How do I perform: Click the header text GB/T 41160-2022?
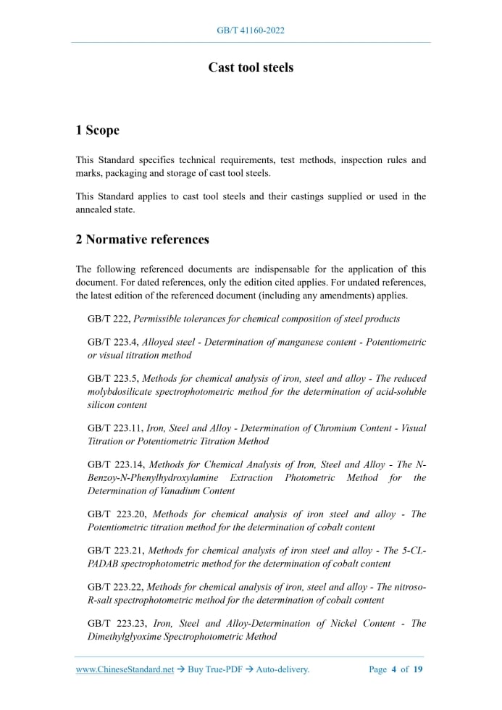tap(251, 30)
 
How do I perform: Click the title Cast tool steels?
tap(251, 67)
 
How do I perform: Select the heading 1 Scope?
tap(97, 130)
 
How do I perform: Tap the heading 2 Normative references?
tap(142, 239)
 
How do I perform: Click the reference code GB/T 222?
tap(108, 319)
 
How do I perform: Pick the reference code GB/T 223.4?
tap(112, 342)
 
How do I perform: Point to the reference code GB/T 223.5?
tap(112, 378)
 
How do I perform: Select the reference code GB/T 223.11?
tap(114, 428)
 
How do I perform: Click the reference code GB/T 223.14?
tap(115, 464)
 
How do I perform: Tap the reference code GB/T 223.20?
tap(116, 514)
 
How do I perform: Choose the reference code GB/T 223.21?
tap(115, 551)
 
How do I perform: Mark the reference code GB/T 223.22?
tap(115, 587)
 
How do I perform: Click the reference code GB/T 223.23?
tap(116, 623)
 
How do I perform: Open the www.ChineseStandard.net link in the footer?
tap(125, 669)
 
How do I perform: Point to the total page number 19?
tap(418, 669)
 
